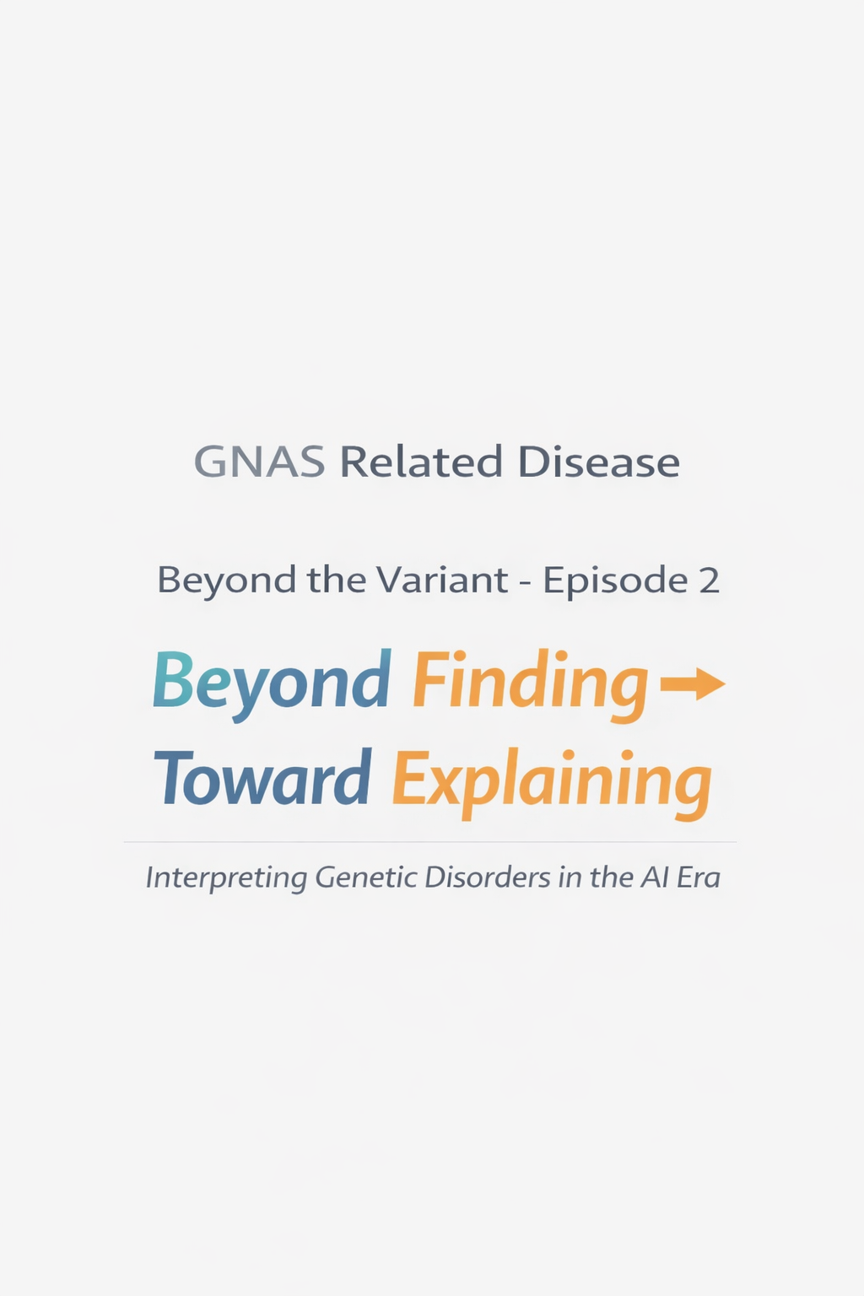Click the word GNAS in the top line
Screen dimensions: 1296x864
[259, 462]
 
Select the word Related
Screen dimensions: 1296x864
[420, 462]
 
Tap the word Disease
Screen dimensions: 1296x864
[598, 462]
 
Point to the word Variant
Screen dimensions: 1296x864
[441, 580]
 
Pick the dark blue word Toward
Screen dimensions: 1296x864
[262, 778]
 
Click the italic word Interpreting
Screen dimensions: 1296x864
[226, 878]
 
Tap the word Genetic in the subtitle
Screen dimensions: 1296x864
[366, 877]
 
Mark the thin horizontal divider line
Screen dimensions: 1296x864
[430, 842]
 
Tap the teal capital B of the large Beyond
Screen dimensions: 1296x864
[172, 680]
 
